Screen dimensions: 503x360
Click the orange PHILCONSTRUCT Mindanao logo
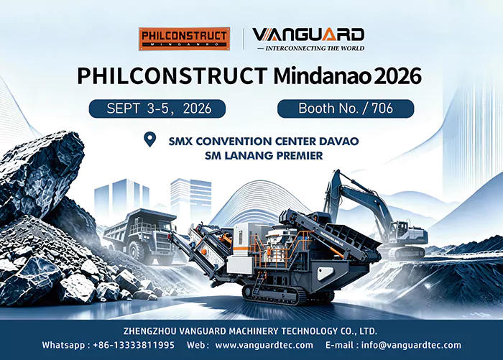185,39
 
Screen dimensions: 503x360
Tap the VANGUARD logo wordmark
308,34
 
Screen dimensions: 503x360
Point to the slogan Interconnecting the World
311,48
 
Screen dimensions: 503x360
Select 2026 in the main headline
398,76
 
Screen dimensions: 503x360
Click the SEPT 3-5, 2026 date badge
157,109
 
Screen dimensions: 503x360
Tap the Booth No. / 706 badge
346,109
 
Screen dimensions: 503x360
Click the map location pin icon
149,139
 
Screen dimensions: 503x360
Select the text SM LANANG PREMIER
264,156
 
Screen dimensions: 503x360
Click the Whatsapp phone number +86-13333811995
134,345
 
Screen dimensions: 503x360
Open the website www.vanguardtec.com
264,345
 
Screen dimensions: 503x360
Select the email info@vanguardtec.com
411,345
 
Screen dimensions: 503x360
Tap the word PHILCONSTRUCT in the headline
172,76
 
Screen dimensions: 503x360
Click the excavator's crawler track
405,253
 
